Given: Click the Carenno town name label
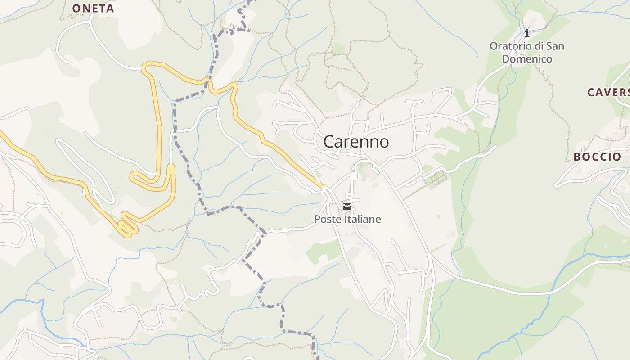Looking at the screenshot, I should click(356, 142).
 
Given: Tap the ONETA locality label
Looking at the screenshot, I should click(93, 8).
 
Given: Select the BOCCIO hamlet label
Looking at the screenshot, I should click(597, 157).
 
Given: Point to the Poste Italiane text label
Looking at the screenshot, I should click(347, 220).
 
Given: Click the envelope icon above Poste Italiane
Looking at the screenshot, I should click(347, 207).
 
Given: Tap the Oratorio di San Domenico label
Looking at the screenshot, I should click(527, 52).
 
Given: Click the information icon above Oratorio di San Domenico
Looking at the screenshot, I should click(527, 33).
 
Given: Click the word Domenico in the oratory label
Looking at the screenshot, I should click(527, 59).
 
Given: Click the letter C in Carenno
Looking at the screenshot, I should click(329, 142).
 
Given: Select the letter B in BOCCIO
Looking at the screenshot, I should click(577, 157).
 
